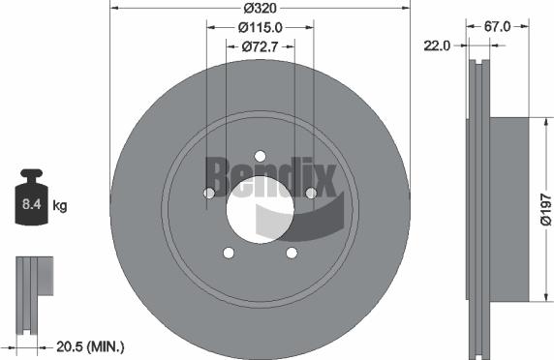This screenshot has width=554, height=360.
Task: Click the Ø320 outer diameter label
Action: pos(260,8)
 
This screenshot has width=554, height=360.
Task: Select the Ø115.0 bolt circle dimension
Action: pos(260,28)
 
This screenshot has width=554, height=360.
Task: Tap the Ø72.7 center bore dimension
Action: pos(260,45)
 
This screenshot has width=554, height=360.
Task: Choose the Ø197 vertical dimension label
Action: pos(544,206)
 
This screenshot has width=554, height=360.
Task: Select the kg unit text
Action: pos(60,206)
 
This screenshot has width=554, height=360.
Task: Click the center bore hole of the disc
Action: pos(260,206)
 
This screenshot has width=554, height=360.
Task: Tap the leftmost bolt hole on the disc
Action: pos(209,194)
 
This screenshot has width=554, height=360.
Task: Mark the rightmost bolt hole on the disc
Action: pos(311,194)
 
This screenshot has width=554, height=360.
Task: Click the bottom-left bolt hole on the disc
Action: pos(229,253)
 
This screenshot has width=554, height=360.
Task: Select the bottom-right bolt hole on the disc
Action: pos(292,253)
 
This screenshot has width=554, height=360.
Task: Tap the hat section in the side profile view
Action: pos(508,205)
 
